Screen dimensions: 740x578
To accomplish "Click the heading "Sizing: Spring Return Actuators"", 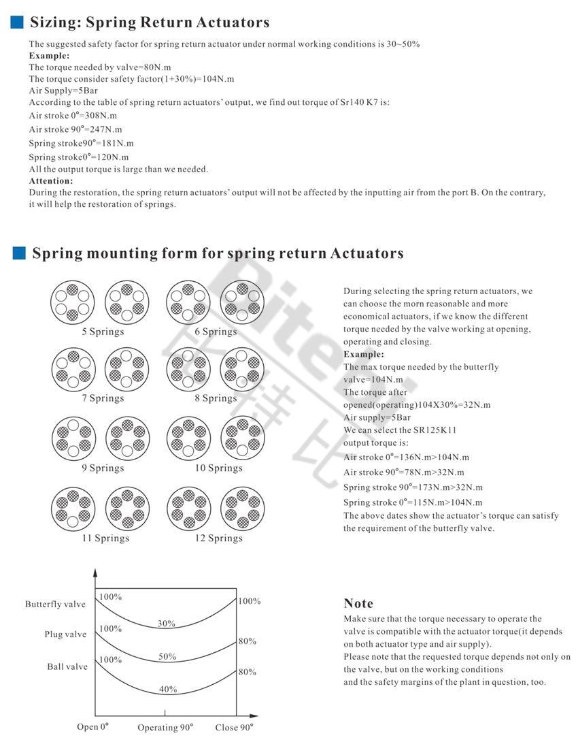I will click(150, 22).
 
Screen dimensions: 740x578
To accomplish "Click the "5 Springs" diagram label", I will click(103, 332).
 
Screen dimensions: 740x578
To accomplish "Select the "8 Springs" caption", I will click(216, 398).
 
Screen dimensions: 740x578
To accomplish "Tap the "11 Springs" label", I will click(105, 538).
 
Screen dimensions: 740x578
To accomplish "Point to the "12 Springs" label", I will click(219, 538).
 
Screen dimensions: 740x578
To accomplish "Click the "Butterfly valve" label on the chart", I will click(56, 604).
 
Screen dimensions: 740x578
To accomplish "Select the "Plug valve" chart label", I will click(66, 634).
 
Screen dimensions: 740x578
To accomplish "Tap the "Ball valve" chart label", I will click(67, 666).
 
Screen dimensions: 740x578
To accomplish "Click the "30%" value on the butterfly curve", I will click(167, 624).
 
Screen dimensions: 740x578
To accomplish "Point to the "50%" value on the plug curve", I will click(167, 657).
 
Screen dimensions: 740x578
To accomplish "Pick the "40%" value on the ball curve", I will click(168, 689).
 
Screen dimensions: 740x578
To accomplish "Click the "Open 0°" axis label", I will click(92, 727).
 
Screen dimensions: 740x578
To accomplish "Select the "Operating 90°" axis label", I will click(167, 727).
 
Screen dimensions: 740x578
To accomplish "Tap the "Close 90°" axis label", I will click(234, 727).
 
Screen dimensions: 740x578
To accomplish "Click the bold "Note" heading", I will click(358, 603).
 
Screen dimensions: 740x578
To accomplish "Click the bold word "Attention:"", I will click(51, 181).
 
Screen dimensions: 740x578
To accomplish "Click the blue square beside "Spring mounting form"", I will click(19, 254).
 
